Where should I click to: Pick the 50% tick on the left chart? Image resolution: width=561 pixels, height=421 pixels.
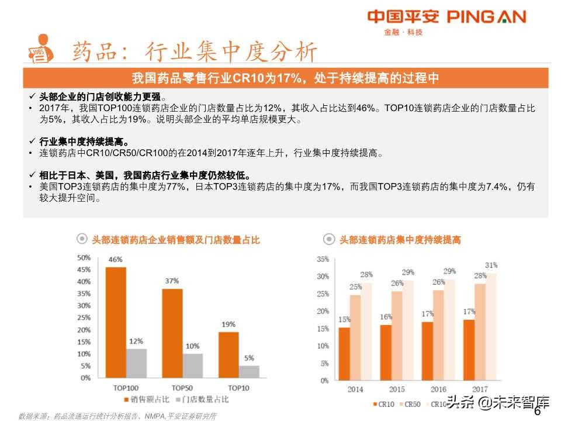pos(84,257)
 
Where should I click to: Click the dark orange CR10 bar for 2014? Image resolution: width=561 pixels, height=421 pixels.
pos(344,354)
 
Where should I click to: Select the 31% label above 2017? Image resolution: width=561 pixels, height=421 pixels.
pos(491,265)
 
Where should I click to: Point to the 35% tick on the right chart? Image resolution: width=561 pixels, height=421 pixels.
pos(322,259)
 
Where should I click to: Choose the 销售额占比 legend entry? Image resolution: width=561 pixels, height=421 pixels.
pos(146,400)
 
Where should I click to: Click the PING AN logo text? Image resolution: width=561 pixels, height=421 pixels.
pos(486,16)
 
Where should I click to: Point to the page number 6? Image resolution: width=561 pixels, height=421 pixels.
pos(538,411)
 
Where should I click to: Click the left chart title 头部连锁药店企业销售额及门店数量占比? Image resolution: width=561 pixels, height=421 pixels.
pos(176,240)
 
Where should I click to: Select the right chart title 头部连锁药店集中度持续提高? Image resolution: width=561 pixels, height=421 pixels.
pos(400,240)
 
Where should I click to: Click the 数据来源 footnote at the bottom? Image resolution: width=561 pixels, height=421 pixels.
pos(117,416)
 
